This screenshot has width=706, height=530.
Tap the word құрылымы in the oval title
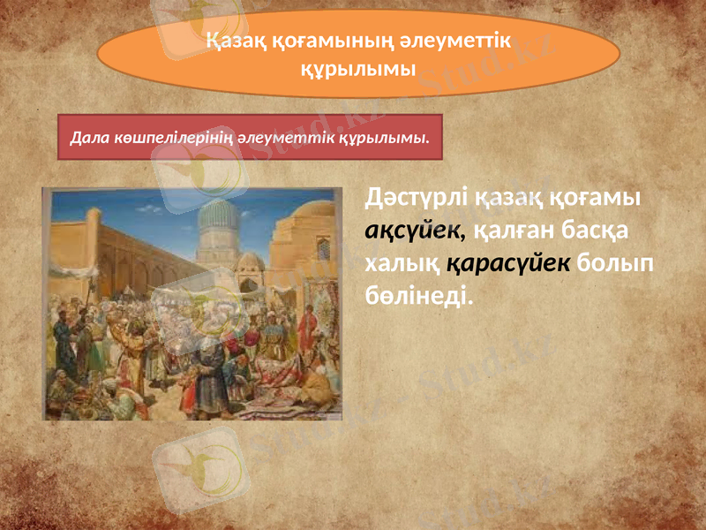point(357,68)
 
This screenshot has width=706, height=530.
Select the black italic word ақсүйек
point(411,231)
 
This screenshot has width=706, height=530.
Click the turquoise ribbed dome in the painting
point(217,218)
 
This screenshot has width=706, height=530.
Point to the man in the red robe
point(306,331)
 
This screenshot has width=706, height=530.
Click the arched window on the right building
point(323,248)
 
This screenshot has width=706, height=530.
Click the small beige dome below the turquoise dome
point(251,261)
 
